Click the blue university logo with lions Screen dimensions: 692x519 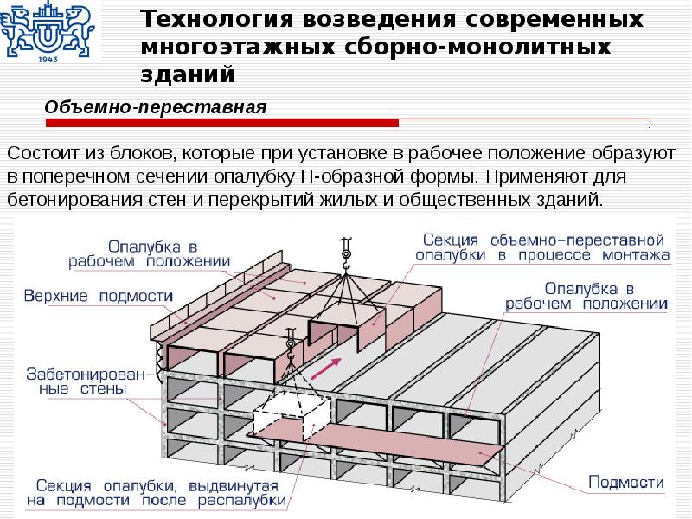tap(47, 28)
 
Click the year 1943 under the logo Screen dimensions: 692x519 tap(48, 60)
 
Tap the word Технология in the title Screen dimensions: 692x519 tap(217, 20)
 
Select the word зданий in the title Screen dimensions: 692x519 tap(188, 74)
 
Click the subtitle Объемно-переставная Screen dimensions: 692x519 tap(156, 107)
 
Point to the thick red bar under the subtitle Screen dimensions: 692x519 tap(222, 123)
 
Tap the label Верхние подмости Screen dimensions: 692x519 tap(98, 296)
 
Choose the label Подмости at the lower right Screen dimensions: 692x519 tap(626, 482)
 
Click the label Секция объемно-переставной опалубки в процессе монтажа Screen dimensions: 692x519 tap(542, 247)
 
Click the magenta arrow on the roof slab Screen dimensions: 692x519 tap(326, 368)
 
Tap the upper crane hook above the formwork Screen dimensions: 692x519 tap(345, 254)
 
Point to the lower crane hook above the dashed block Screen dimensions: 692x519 tap(290, 344)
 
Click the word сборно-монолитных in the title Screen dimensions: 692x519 tap(477, 47)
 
